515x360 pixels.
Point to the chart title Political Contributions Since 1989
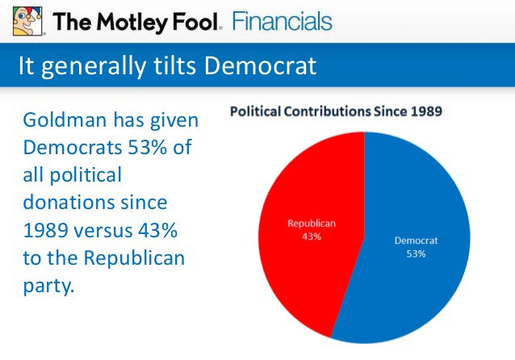point(336,111)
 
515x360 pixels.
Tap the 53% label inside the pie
point(416,253)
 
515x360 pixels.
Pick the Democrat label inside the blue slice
point(416,240)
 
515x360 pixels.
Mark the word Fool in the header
point(192,21)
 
